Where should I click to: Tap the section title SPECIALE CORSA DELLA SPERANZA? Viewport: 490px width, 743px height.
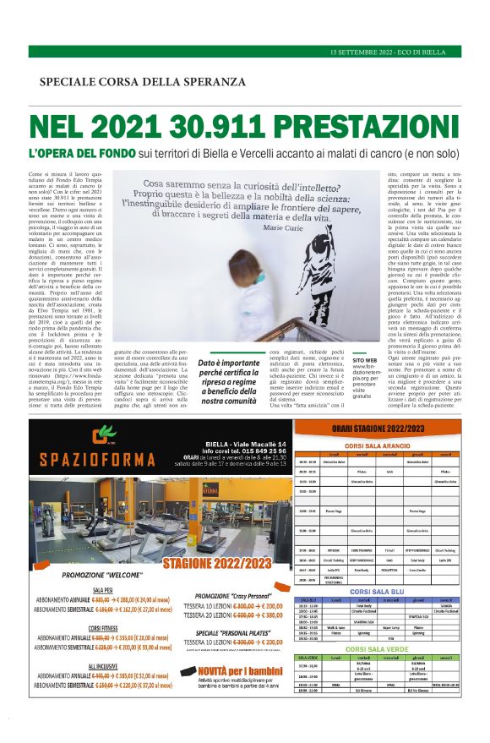tap(142, 81)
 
